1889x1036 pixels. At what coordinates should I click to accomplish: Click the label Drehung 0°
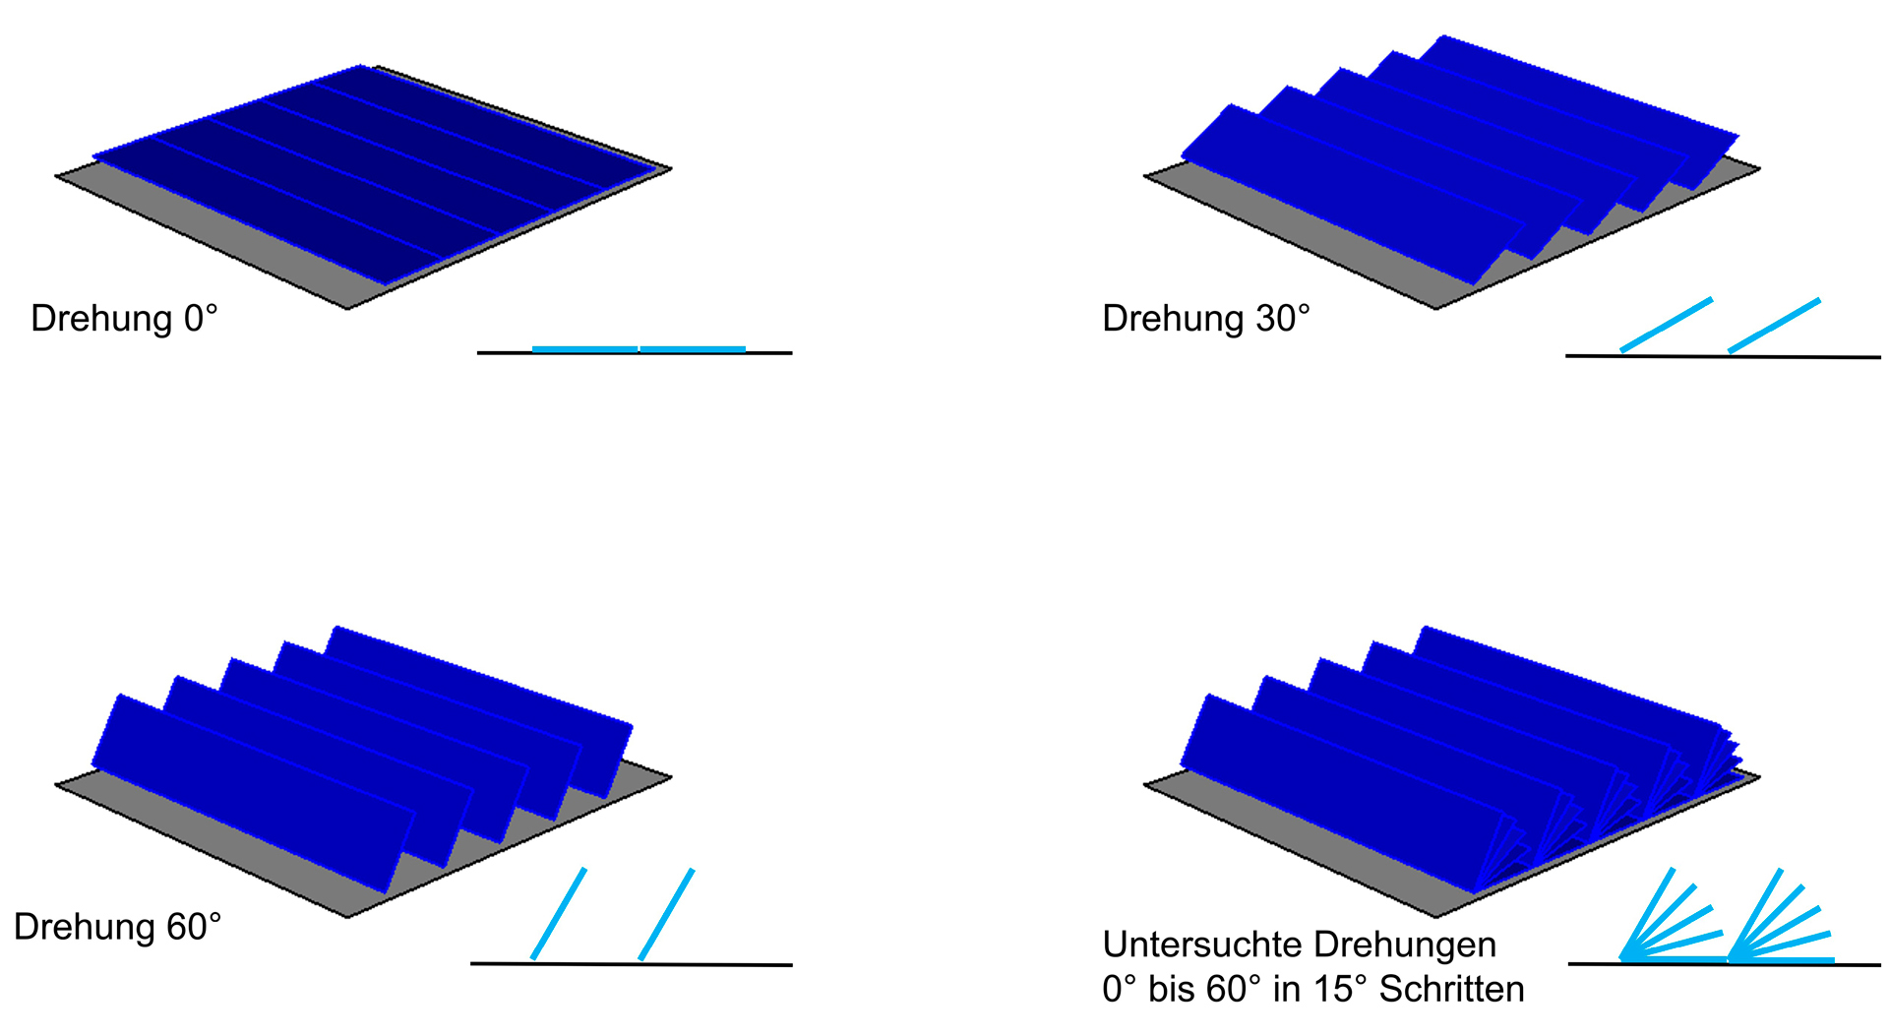pos(124,319)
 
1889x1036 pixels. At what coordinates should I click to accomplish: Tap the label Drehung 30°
pos(1206,319)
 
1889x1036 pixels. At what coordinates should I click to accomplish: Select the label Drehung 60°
pos(117,927)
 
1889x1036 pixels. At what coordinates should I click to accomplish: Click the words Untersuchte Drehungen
pos(1299,945)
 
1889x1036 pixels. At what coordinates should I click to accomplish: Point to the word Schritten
pos(1451,990)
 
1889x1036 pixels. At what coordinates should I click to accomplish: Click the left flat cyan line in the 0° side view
pos(584,349)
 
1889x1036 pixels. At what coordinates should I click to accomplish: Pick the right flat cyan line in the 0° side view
pos(693,349)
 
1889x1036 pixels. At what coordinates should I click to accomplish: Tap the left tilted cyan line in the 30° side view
pos(1666,325)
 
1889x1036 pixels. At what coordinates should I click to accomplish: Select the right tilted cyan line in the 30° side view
pos(1774,325)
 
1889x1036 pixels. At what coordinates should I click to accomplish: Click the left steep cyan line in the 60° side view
pos(559,913)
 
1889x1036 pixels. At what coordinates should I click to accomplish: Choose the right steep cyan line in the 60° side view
pos(667,913)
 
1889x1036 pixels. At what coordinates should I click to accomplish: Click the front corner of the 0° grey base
pos(348,308)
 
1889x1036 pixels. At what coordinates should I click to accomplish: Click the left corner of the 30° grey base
pos(1145,177)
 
